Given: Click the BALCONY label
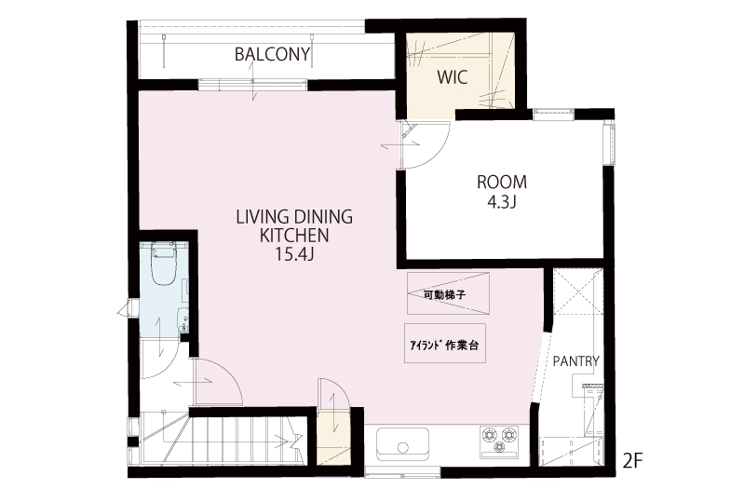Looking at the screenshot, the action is (272, 55).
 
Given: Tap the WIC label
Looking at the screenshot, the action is (453, 77).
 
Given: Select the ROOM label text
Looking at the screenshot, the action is (502, 182).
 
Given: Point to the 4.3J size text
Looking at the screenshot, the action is (502, 202).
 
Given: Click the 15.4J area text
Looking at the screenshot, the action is (293, 254).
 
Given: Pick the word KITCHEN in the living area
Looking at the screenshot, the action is (294, 236).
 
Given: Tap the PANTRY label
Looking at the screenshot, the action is (575, 360).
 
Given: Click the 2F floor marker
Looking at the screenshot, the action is (632, 461).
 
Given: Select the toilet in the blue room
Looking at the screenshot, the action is (163, 265).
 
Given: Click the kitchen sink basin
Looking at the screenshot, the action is (403, 443).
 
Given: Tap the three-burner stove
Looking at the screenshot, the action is (499, 441).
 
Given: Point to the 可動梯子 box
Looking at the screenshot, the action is (448, 293).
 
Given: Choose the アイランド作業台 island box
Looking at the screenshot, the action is (445, 344).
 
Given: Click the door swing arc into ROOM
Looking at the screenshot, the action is (438, 153).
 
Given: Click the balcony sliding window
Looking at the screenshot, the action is (252, 85).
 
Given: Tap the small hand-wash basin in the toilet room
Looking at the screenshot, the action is (183, 320).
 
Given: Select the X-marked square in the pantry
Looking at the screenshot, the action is (577, 293).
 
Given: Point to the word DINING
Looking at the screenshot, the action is (323, 217).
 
